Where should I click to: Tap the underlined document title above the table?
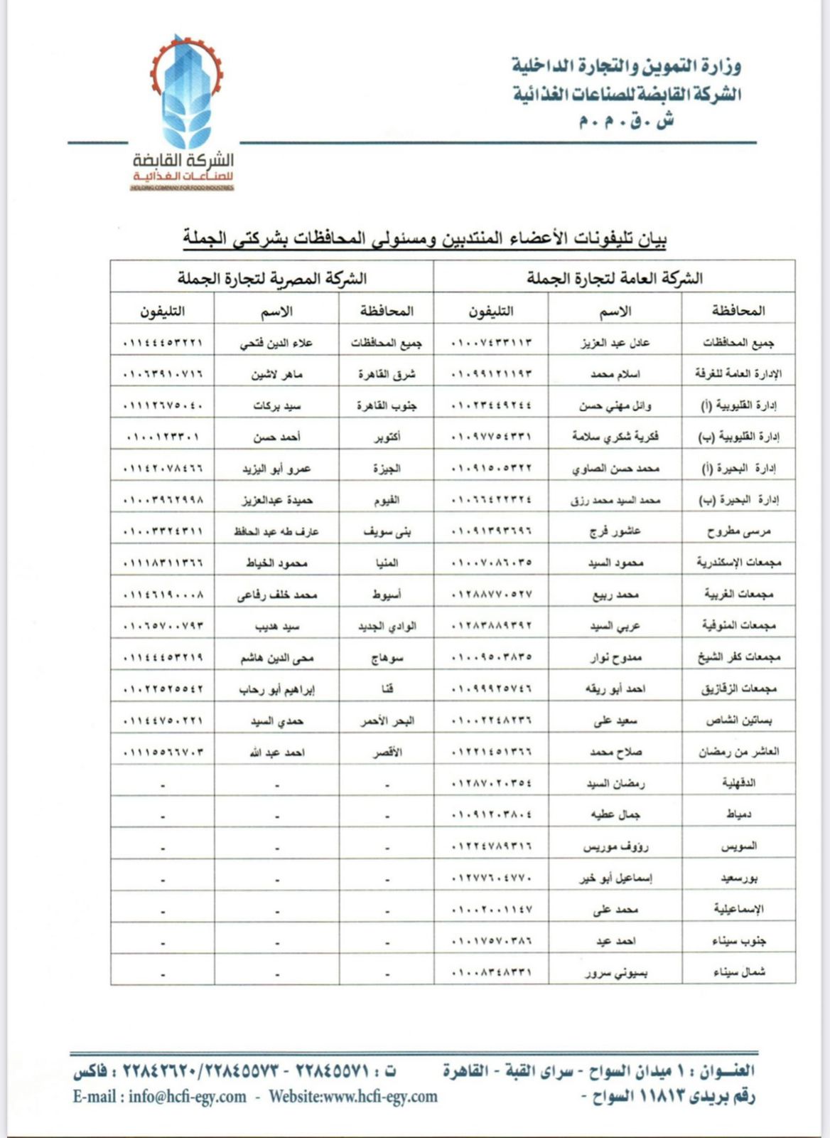tap(424, 238)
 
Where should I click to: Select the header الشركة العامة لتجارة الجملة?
tap(614, 278)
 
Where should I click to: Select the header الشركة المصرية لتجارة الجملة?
tap(272, 278)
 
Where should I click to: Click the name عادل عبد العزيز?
tap(615, 343)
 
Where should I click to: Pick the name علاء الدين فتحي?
tap(276, 343)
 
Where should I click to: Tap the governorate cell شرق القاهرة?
tap(387, 374)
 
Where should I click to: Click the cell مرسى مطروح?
tap(738, 531)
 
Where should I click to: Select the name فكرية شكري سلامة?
tap(615, 437)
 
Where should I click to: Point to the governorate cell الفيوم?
tap(387, 500)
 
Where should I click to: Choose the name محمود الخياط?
tap(276, 563)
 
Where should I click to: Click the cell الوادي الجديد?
tap(387, 626)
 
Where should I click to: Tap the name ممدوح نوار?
tap(615, 657)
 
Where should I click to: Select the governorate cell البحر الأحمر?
tap(387, 720)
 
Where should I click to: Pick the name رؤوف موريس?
tap(615, 846)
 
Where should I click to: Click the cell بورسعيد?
tap(738, 878)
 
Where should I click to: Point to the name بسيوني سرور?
tap(615, 972)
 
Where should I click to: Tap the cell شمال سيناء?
tap(738, 972)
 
